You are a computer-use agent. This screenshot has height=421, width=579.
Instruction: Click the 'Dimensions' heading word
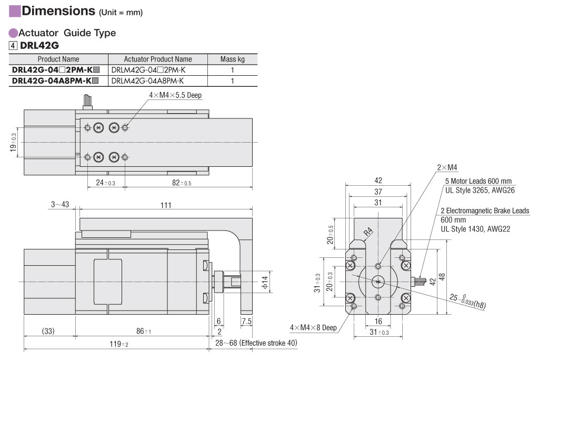tap(58, 11)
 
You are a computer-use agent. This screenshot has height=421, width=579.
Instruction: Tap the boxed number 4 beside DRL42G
tap(13, 45)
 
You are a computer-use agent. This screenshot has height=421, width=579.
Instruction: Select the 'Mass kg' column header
tap(232, 59)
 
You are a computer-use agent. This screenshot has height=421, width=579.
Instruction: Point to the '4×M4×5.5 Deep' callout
tap(175, 95)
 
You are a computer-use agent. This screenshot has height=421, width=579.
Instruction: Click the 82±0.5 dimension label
tap(181, 183)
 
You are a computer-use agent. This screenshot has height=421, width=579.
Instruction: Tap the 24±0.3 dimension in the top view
tap(105, 183)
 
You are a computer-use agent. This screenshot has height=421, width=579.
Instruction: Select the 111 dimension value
tap(166, 205)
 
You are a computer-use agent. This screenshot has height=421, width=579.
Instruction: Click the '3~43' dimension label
tap(60, 205)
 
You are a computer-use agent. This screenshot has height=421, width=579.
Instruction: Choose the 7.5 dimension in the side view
tap(246, 321)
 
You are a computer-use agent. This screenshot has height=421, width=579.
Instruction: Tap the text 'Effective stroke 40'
tap(268, 343)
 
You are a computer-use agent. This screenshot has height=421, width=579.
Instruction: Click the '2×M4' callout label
tap(447, 167)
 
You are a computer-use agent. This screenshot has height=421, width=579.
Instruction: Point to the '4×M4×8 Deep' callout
tap(313, 327)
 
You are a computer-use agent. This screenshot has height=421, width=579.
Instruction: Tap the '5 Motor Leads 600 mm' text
tap(478, 181)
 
